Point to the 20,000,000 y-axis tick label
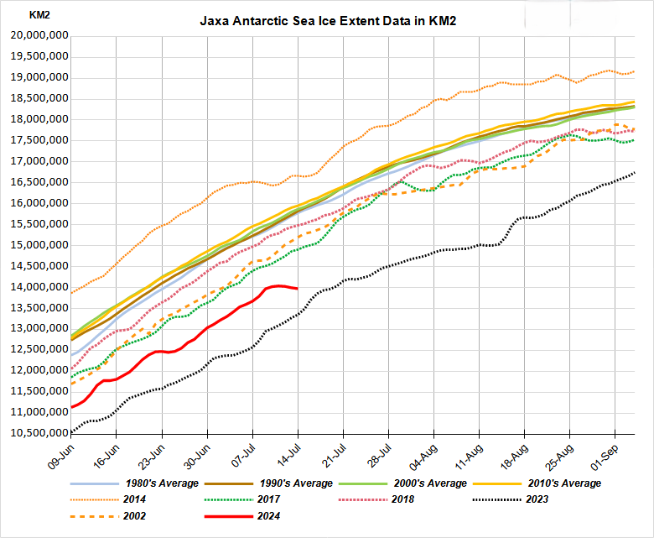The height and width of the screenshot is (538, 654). tap(38, 36)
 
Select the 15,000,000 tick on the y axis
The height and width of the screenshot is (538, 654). tap(38, 245)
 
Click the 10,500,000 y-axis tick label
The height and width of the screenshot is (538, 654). tap(38, 433)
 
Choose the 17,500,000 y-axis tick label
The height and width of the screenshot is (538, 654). tap(38, 140)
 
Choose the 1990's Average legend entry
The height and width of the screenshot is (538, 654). tap(301, 483)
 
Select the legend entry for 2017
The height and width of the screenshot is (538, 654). tap(268, 499)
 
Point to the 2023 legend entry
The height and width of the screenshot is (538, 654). tap(537, 499)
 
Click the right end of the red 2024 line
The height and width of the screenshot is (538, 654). tap(298, 289)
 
